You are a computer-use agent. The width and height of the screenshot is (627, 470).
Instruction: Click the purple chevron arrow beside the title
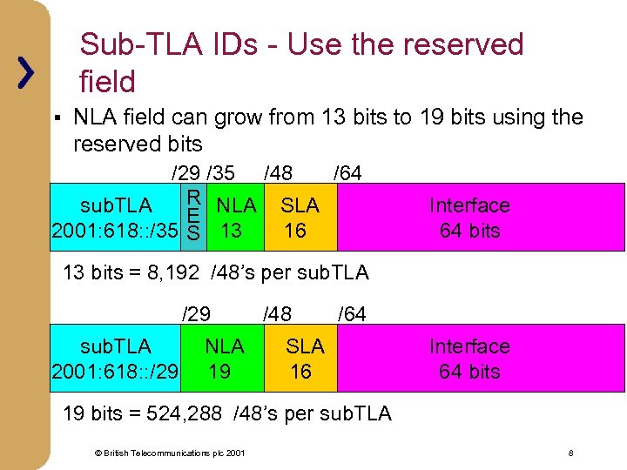(27, 72)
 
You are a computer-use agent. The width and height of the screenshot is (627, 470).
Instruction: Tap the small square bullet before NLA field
(55, 117)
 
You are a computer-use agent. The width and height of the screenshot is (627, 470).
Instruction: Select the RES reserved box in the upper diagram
(195, 217)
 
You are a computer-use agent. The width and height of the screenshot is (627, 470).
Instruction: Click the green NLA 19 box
(223, 359)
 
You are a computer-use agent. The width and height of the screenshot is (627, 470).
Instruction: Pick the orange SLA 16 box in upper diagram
(299, 218)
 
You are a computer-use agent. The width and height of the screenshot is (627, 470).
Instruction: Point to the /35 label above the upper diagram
(220, 173)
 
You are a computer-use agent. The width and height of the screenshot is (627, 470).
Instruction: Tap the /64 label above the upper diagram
(347, 173)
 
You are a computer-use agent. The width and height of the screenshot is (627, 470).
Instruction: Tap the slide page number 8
(570, 453)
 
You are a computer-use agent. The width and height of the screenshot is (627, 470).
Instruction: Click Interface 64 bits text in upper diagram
(469, 218)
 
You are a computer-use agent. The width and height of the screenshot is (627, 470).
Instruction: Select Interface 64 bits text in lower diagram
(469, 359)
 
